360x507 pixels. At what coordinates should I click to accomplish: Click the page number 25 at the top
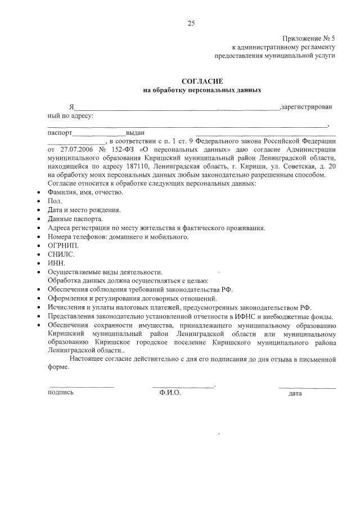191,23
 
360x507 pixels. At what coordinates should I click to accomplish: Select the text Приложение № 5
308,38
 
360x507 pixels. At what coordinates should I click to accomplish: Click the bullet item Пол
55,201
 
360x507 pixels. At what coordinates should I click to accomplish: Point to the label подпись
61,393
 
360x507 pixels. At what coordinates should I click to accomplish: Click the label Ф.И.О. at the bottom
170,393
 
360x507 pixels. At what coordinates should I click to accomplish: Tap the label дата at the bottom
295,393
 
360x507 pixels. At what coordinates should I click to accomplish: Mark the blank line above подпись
82,387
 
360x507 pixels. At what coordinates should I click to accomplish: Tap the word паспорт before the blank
60,133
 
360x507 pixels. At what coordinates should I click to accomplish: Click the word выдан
136,133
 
